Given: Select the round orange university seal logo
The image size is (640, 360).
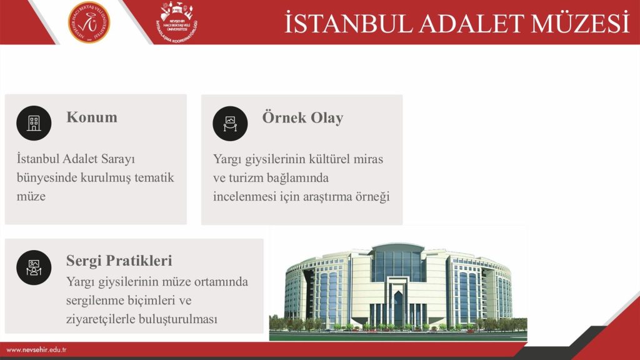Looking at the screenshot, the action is tap(89, 22).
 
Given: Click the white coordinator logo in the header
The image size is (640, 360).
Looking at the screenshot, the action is tap(177, 22).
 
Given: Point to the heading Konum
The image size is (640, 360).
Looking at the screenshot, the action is tap(92, 117).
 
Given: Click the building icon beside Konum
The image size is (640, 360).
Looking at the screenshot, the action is tap(34, 123).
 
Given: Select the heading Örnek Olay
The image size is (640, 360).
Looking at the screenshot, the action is tap(302, 117).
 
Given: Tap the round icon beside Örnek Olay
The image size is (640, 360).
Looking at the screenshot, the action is tap(230, 123).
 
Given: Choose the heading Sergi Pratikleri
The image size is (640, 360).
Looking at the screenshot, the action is tap(119, 261).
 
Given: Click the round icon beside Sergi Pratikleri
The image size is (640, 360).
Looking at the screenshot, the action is tap(34, 267).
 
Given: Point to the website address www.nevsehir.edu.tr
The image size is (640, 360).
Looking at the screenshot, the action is tap(36, 350).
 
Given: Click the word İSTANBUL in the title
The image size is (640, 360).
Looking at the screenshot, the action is tap(348, 23).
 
